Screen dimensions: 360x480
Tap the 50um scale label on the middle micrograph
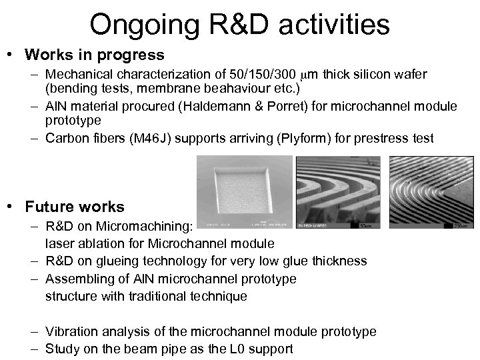pyautogui.click(x=365, y=227)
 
